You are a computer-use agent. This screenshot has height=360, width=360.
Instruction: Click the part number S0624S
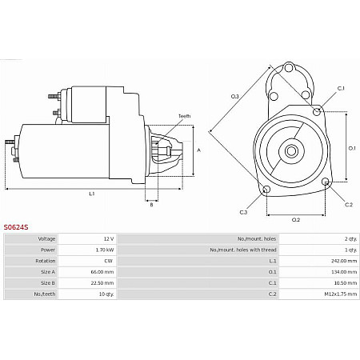[x=16, y=227]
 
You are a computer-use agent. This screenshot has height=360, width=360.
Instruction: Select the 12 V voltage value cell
[x=109, y=238]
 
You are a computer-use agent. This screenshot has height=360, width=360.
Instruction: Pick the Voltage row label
[x=47, y=238]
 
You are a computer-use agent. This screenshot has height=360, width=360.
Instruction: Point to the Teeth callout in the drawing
[x=184, y=116]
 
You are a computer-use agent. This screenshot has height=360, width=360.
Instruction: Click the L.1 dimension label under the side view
[x=92, y=194]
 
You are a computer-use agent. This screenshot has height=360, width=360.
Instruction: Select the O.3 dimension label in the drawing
[x=235, y=97]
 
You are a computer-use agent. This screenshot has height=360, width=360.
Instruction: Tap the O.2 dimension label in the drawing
[x=295, y=219]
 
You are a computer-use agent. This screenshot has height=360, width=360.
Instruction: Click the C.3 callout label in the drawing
[x=243, y=212]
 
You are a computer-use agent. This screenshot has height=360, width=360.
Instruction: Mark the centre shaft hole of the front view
[x=292, y=151]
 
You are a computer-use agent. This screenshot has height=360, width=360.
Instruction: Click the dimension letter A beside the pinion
[x=198, y=150]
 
